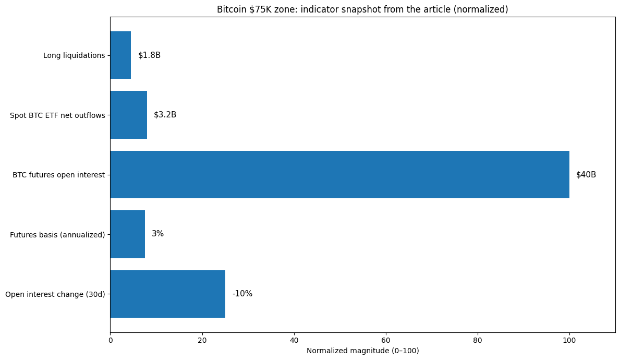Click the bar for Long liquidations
120,55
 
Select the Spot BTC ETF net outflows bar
128,115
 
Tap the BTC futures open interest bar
339,175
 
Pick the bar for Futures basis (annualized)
127,234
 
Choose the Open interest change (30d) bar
167,294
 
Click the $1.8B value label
149,55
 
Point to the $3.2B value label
165,115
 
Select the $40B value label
586,175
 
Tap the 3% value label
157,234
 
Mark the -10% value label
242,294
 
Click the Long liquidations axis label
74,55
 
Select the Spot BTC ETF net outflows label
57,115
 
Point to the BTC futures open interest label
59,175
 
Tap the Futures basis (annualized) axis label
57,235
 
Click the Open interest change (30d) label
55,294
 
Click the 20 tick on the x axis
202,341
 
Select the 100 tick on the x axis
569,341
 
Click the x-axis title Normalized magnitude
362,351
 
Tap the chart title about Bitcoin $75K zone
362,9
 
